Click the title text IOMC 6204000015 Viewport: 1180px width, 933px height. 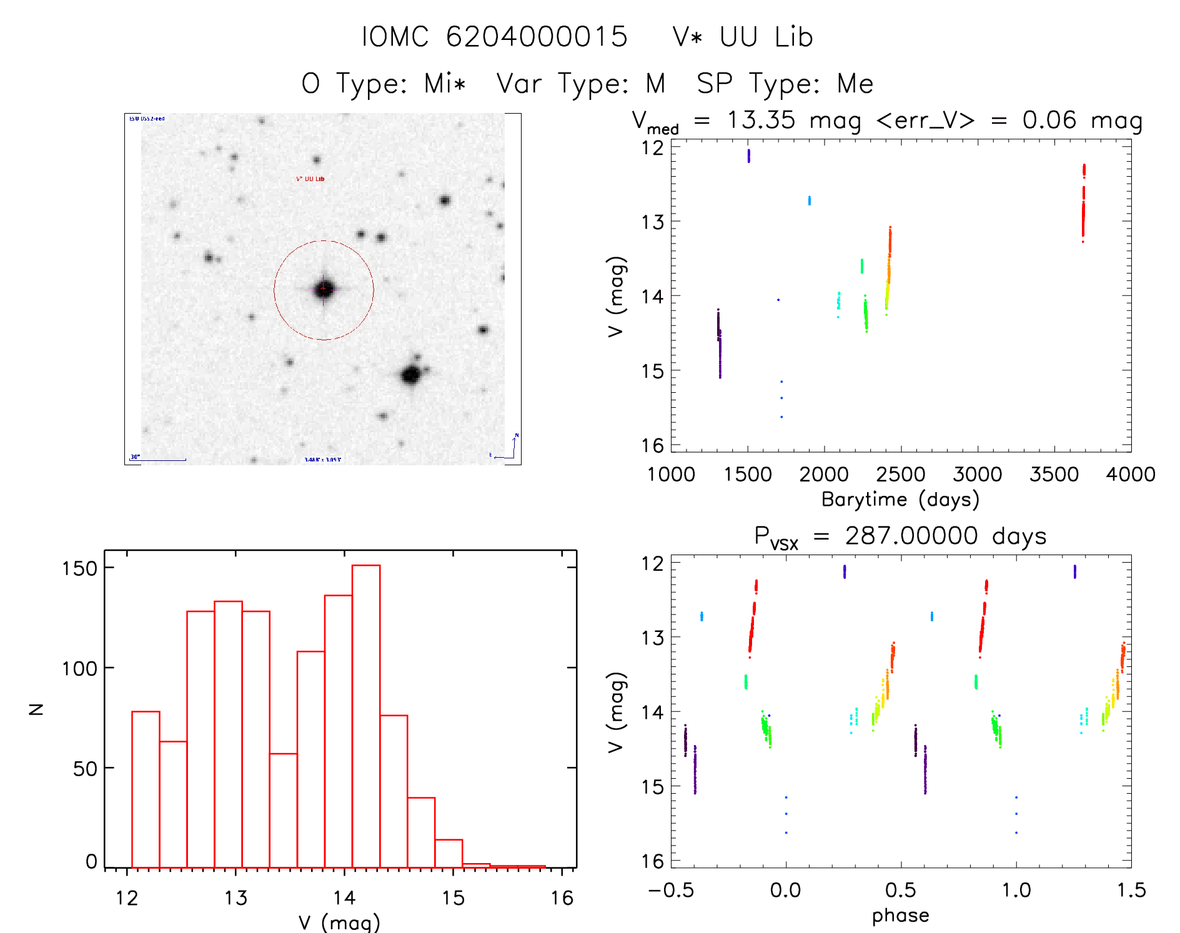[495, 37]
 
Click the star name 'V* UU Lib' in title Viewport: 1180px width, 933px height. [743, 37]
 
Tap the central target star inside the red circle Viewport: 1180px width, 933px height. [324, 289]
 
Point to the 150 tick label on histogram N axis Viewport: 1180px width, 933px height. [79, 568]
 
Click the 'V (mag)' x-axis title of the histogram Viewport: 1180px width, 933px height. [339, 922]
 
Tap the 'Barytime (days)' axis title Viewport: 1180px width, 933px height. [900, 500]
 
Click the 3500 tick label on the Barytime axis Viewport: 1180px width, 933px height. [1054, 475]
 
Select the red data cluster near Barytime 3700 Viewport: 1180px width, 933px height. [1083, 203]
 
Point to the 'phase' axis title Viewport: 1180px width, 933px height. [900, 916]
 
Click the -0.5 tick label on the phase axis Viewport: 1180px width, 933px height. [671, 891]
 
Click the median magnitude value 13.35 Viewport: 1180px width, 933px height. [761, 120]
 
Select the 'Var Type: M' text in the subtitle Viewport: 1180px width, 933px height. [581, 84]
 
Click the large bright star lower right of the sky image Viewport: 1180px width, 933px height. [411, 375]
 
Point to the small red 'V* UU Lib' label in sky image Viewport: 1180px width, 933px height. [310, 179]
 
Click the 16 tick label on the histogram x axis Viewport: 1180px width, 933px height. [562, 898]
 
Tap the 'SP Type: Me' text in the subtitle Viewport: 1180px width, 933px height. [785, 84]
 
